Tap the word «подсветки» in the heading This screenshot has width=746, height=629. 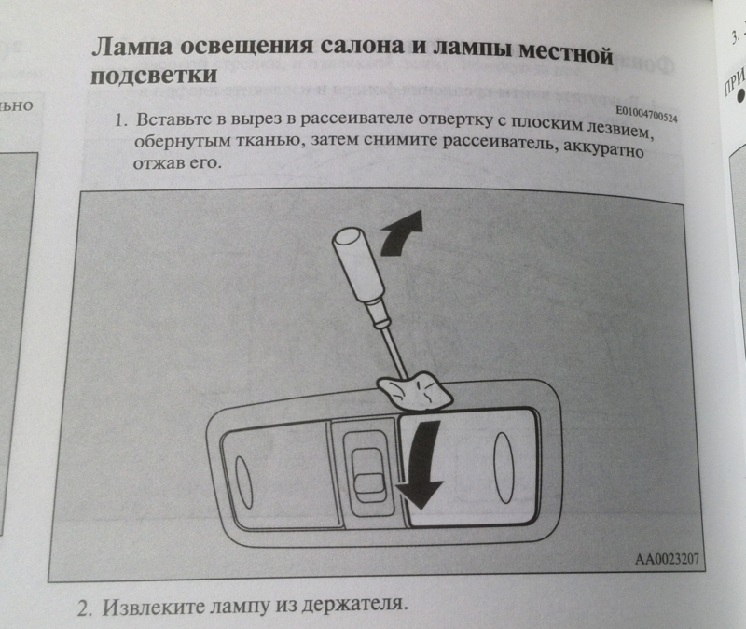click(154, 76)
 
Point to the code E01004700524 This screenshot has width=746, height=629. click(646, 114)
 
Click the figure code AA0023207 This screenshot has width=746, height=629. click(667, 558)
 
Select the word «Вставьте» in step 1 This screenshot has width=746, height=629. click(173, 120)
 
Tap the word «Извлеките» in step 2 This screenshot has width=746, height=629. click(155, 608)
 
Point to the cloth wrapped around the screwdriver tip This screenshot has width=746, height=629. click(414, 391)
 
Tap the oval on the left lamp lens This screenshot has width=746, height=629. click(244, 482)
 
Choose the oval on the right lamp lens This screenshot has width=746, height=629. click(504, 468)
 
